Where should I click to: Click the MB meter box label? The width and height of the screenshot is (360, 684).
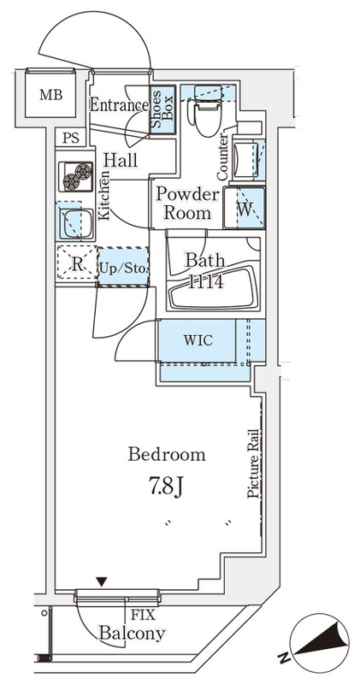(51, 94)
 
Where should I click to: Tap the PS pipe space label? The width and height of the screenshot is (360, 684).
(71, 139)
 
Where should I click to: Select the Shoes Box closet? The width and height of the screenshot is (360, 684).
(162, 109)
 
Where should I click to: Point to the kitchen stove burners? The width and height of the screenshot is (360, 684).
(76, 176)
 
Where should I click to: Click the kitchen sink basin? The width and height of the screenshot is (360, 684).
(76, 223)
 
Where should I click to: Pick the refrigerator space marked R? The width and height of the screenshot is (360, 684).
(77, 263)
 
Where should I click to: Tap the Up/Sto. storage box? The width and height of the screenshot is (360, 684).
(123, 267)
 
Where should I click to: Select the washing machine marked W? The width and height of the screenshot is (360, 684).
(245, 208)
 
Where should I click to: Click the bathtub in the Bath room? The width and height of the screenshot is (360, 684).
(215, 286)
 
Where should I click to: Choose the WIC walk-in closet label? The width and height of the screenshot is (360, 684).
(198, 339)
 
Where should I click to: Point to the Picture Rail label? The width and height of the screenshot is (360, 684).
(253, 463)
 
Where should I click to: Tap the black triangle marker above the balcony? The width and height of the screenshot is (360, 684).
(102, 581)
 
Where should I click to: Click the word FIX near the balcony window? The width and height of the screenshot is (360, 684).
(143, 615)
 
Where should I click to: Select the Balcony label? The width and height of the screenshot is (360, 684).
(133, 634)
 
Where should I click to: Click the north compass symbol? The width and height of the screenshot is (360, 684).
(320, 640)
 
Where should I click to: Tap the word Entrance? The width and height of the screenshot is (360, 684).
(119, 104)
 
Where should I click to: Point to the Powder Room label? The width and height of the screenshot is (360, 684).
(187, 203)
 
